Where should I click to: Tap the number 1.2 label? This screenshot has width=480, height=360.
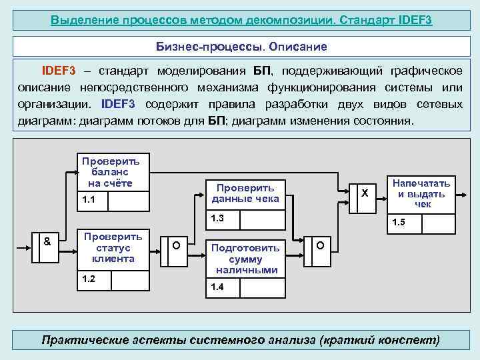click(87, 279)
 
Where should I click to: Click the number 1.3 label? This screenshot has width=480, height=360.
click(217, 218)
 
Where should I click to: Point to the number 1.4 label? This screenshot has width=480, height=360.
click(217, 287)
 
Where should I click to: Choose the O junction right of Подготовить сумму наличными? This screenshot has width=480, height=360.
click(320, 246)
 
